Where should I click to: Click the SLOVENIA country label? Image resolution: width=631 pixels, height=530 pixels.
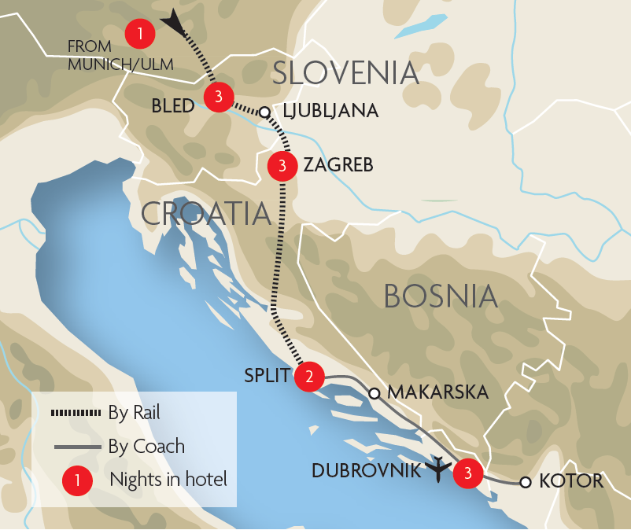tap(345, 73)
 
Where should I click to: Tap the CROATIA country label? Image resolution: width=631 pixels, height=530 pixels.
tap(205, 214)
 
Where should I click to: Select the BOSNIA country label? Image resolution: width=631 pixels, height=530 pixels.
tap(441, 296)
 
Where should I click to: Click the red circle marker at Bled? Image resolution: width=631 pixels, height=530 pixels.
tap(218, 97)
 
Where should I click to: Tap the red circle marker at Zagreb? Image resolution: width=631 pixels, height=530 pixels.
tap(282, 165)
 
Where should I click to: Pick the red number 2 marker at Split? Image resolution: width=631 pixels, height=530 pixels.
tap(308, 377)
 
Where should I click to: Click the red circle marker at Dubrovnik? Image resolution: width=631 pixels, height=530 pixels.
tap(468, 472)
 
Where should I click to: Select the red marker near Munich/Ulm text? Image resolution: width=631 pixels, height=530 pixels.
tap(139, 33)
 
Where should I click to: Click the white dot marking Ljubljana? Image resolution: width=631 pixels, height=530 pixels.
tap(265, 112)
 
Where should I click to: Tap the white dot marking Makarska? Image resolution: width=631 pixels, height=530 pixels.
tap(375, 392)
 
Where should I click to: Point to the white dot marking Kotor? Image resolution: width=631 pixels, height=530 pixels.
tap(525, 482)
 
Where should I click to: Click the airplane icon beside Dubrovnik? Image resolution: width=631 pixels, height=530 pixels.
tap(438, 469)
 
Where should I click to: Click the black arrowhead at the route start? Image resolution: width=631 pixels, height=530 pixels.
tap(173, 23)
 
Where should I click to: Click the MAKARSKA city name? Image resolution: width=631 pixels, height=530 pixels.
tap(438, 392)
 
